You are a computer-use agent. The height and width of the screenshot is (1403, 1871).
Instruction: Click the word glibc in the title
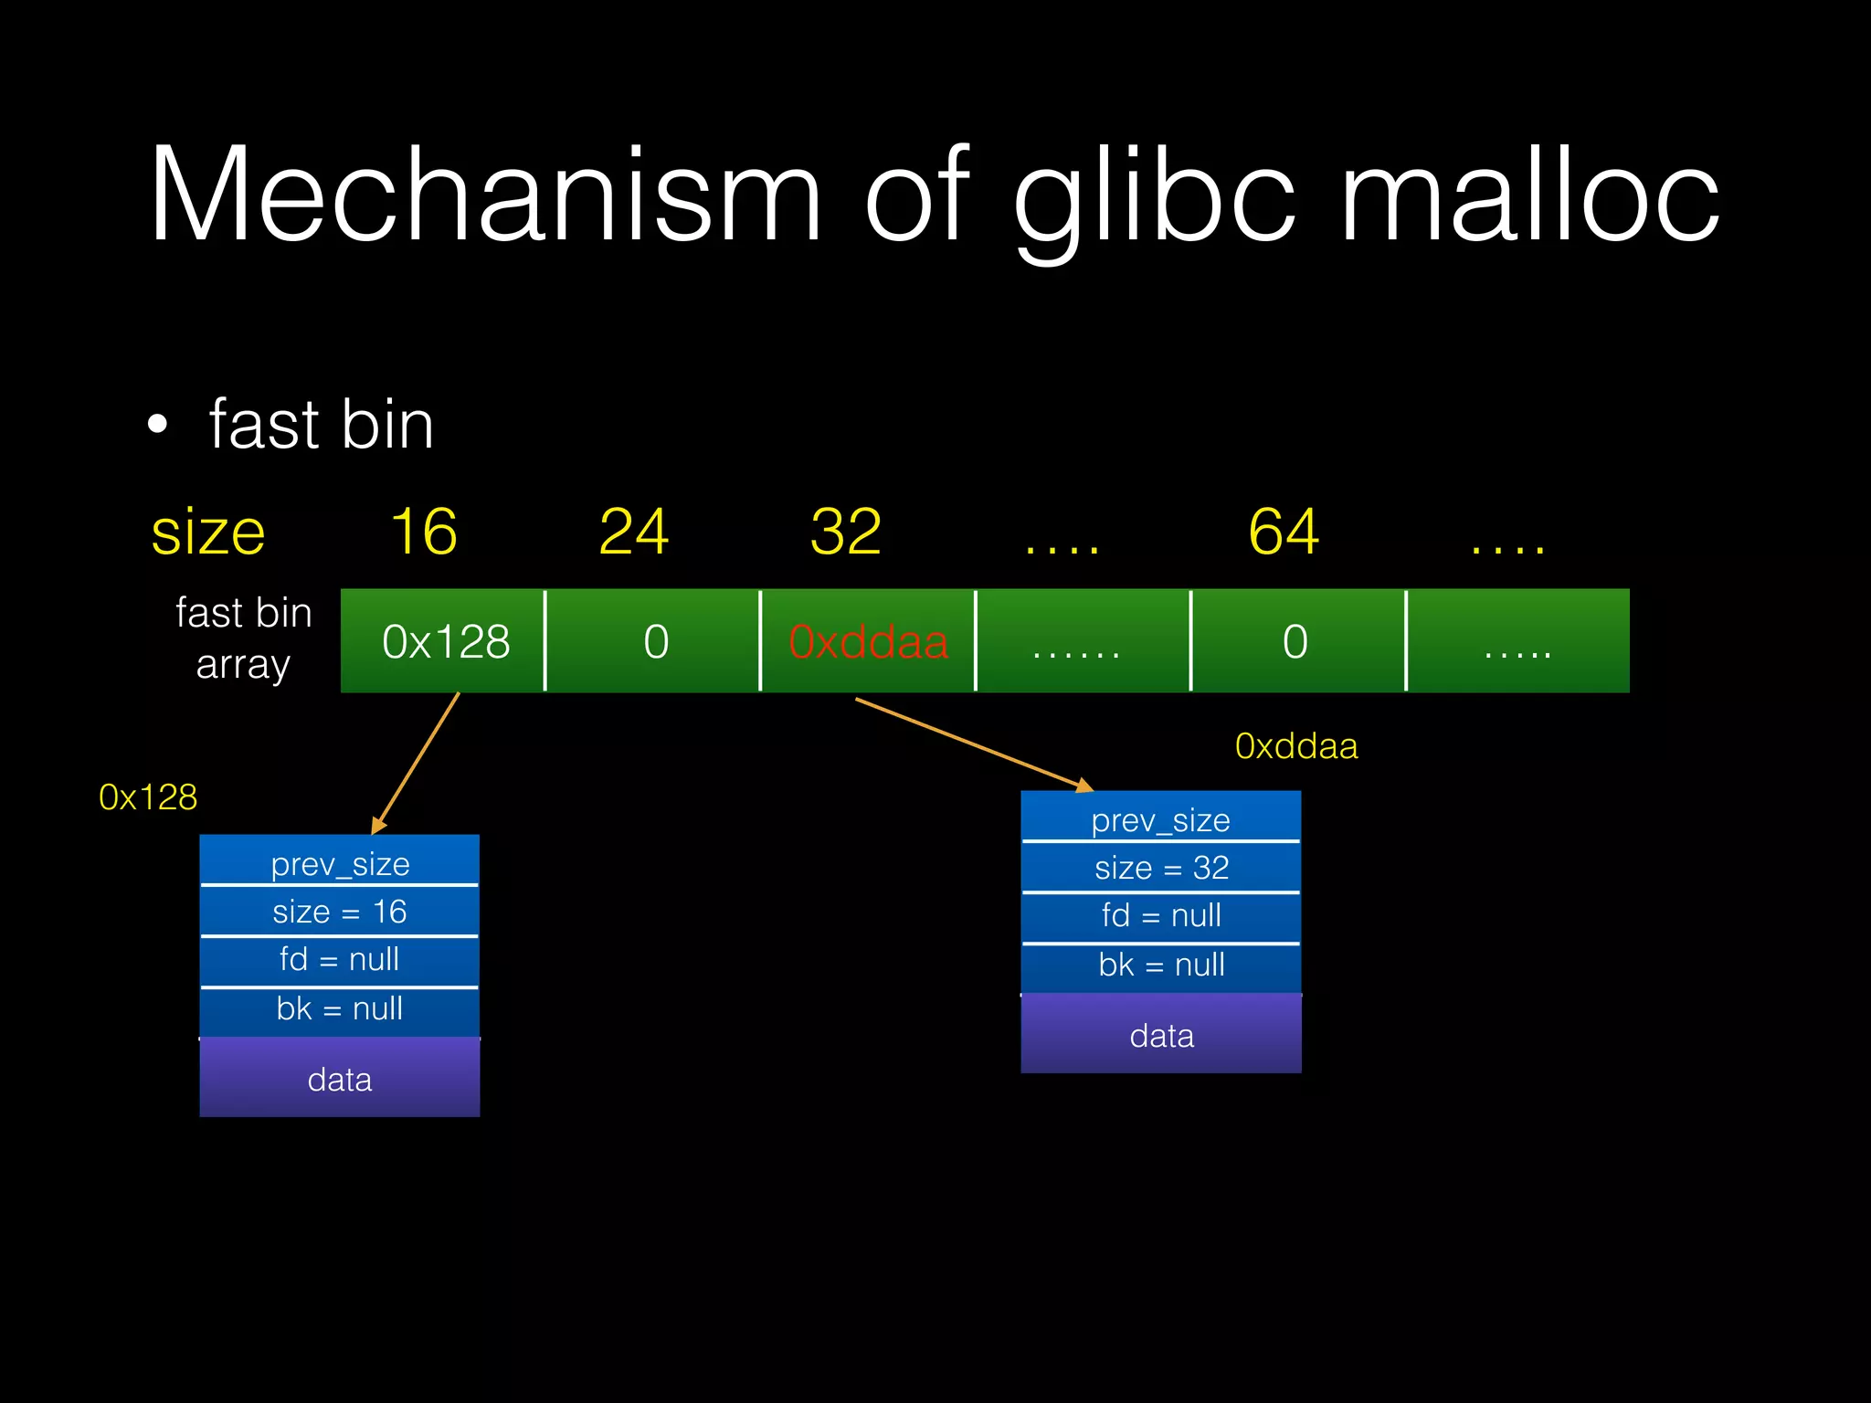[1155, 196]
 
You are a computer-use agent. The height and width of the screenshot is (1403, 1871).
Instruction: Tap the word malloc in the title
[1530, 196]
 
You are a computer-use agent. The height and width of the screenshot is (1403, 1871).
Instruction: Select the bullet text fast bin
[321, 425]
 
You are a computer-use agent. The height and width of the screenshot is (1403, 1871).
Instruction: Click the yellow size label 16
[424, 532]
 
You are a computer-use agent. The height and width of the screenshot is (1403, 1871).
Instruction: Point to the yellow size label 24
[634, 532]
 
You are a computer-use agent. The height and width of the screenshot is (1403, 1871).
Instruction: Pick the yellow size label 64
[1284, 532]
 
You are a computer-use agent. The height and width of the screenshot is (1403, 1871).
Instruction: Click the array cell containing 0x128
[445, 641]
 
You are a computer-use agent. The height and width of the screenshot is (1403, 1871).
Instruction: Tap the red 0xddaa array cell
[868, 641]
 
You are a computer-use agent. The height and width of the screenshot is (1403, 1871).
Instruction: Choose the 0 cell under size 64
[1295, 641]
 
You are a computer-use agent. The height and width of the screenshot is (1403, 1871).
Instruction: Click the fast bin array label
[244, 638]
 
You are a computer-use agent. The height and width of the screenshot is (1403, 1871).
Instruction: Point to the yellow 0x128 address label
[148, 797]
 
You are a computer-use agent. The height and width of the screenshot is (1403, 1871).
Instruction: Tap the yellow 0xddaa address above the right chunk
[1296, 746]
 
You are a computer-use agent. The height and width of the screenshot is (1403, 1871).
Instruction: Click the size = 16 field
[340, 912]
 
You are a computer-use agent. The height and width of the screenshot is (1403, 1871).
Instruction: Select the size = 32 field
[1161, 868]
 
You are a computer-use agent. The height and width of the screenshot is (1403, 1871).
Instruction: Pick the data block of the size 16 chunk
[340, 1079]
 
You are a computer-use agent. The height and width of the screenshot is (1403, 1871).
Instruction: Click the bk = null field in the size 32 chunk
[1161, 965]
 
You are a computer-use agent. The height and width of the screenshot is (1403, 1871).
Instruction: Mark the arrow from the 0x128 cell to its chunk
[416, 763]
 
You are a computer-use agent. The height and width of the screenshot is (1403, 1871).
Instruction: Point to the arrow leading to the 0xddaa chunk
[973, 744]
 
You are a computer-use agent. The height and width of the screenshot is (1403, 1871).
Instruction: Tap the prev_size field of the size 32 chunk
[1161, 820]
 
